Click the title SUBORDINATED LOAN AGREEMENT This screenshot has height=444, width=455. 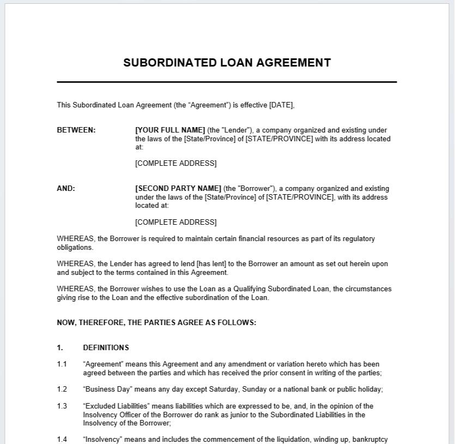(x=227, y=63)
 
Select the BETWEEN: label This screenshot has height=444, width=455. (x=76, y=130)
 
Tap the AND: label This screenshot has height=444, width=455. (x=66, y=189)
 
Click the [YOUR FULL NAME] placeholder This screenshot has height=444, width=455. (x=170, y=130)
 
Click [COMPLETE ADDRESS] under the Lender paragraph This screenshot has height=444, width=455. (x=175, y=164)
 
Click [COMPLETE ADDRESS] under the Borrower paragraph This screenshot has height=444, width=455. (x=175, y=222)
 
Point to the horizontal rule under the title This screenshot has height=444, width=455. (x=227, y=82)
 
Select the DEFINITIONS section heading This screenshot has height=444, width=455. (x=106, y=347)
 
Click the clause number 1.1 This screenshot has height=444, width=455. (x=62, y=364)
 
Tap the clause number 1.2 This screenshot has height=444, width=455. (x=62, y=389)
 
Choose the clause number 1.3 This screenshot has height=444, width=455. (x=62, y=406)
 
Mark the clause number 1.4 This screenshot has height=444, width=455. (x=62, y=439)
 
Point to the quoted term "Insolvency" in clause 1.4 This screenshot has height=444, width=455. (x=101, y=439)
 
